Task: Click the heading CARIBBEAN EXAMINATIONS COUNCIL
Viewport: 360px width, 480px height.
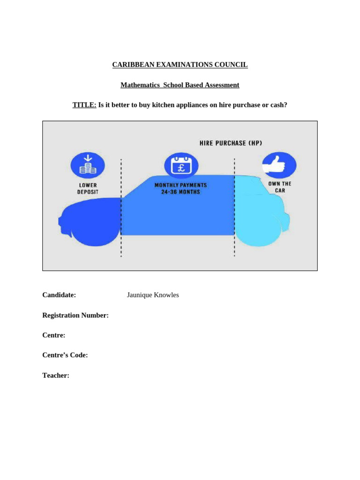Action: pos(180,65)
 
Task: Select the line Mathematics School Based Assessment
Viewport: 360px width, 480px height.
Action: pos(180,85)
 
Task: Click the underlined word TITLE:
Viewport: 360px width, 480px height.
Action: pos(84,105)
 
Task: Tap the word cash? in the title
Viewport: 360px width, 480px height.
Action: pos(277,105)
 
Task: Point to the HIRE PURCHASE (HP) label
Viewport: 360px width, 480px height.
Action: pos(230,143)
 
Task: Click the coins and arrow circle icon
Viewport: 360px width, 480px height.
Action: pos(87,165)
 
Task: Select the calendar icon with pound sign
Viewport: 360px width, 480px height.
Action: pos(181,165)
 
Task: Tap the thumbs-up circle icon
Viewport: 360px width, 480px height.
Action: pos(279,165)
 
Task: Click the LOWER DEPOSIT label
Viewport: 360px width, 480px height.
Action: pos(88,188)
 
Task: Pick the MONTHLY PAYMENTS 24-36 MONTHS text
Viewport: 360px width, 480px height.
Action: pos(180,188)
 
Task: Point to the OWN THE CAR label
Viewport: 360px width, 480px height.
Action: pos(280,187)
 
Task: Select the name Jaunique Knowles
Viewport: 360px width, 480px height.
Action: pos(153,295)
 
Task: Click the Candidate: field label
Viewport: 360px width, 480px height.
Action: pos(59,295)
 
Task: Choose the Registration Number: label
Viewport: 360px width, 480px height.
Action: pos(75,315)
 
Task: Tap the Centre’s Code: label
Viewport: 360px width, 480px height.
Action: pos(65,355)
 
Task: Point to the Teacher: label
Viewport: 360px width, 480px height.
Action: pos(56,375)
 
